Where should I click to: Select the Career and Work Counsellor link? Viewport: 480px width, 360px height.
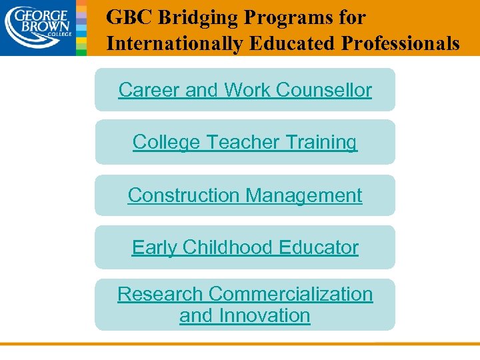click(245, 90)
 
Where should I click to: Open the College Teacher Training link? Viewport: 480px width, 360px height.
click(245, 142)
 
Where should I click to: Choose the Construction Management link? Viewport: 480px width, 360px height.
click(245, 195)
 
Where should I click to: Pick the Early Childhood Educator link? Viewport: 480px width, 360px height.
click(245, 247)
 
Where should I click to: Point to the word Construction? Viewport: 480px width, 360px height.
click(183, 195)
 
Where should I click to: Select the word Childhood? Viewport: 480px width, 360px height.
click(228, 247)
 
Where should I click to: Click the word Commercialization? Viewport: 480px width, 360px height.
click(291, 294)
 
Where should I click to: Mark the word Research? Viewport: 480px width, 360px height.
click(160, 294)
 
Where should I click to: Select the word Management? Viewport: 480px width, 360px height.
click(304, 195)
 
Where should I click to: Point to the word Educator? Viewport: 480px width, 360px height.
click(319, 247)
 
